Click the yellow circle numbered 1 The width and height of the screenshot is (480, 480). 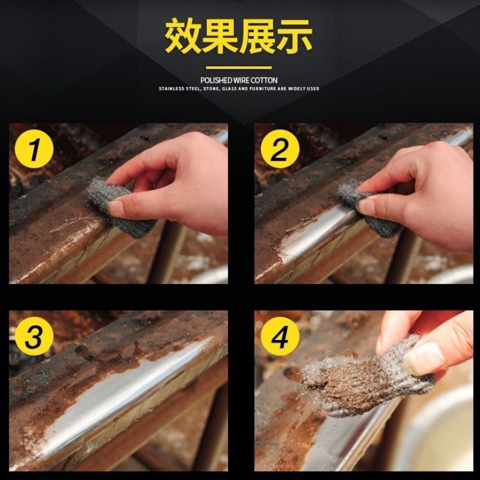pyautogui.click(x=34, y=149)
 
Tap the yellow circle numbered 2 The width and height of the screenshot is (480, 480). pyautogui.click(x=280, y=149)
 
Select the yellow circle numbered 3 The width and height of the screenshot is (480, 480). pyautogui.click(x=34, y=336)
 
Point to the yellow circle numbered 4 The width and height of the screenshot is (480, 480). pyautogui.click(x=280, y=336)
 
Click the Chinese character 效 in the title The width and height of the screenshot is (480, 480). pyautogui.click(x=183, y=36)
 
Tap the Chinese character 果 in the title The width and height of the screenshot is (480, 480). pyautogui.click(x=220, y=36)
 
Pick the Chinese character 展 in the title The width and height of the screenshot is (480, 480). pyautogui.click(x=257, y=36)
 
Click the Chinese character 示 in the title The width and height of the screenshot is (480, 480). pyautogui.click(x=294, y=36)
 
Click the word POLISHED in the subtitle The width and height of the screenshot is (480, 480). pyautogui.click(x=216, y=80)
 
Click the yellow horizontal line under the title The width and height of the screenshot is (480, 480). pyautogui.click(x=239, y=68)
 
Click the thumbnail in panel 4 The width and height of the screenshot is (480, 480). pyautogui.click(x=424, y=358)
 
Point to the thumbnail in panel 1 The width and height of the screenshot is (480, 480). pyautogui.click(x=116, y=208)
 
